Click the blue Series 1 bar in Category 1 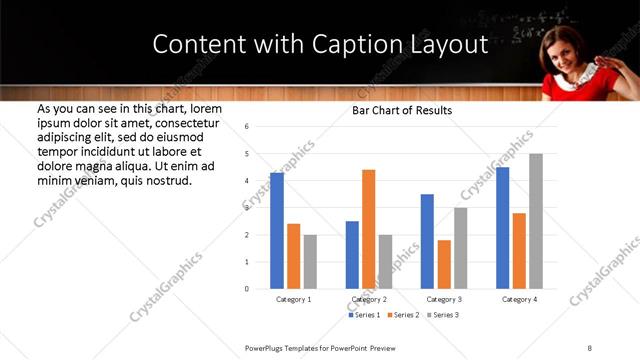[277, 231]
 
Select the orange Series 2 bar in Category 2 [368, 229]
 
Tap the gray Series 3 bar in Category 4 [536, 221]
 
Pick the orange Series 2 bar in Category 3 [444, 264]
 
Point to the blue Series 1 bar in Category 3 [427, 241]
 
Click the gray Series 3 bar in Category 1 [310, 262]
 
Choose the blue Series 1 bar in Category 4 [503, 228]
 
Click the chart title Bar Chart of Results [402, 110]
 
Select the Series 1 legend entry [363, 315]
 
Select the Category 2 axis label [369, 299]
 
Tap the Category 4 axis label [520, 299]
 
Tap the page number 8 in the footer [590, 347]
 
